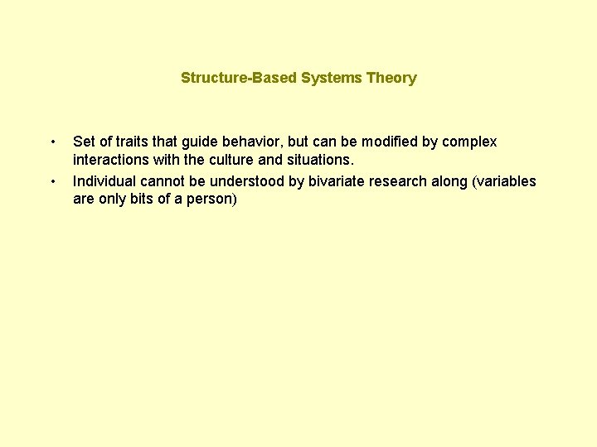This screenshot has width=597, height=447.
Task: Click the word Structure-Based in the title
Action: click(227, 78)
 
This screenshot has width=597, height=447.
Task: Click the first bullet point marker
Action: click(53, 142)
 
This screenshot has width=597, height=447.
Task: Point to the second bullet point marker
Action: click(53, 181)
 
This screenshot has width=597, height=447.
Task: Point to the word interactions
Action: click(111, 160)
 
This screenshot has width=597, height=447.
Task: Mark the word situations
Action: click(322, 160)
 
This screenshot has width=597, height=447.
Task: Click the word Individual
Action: click(104, 181)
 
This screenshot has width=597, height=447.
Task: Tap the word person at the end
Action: click(213, 199)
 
